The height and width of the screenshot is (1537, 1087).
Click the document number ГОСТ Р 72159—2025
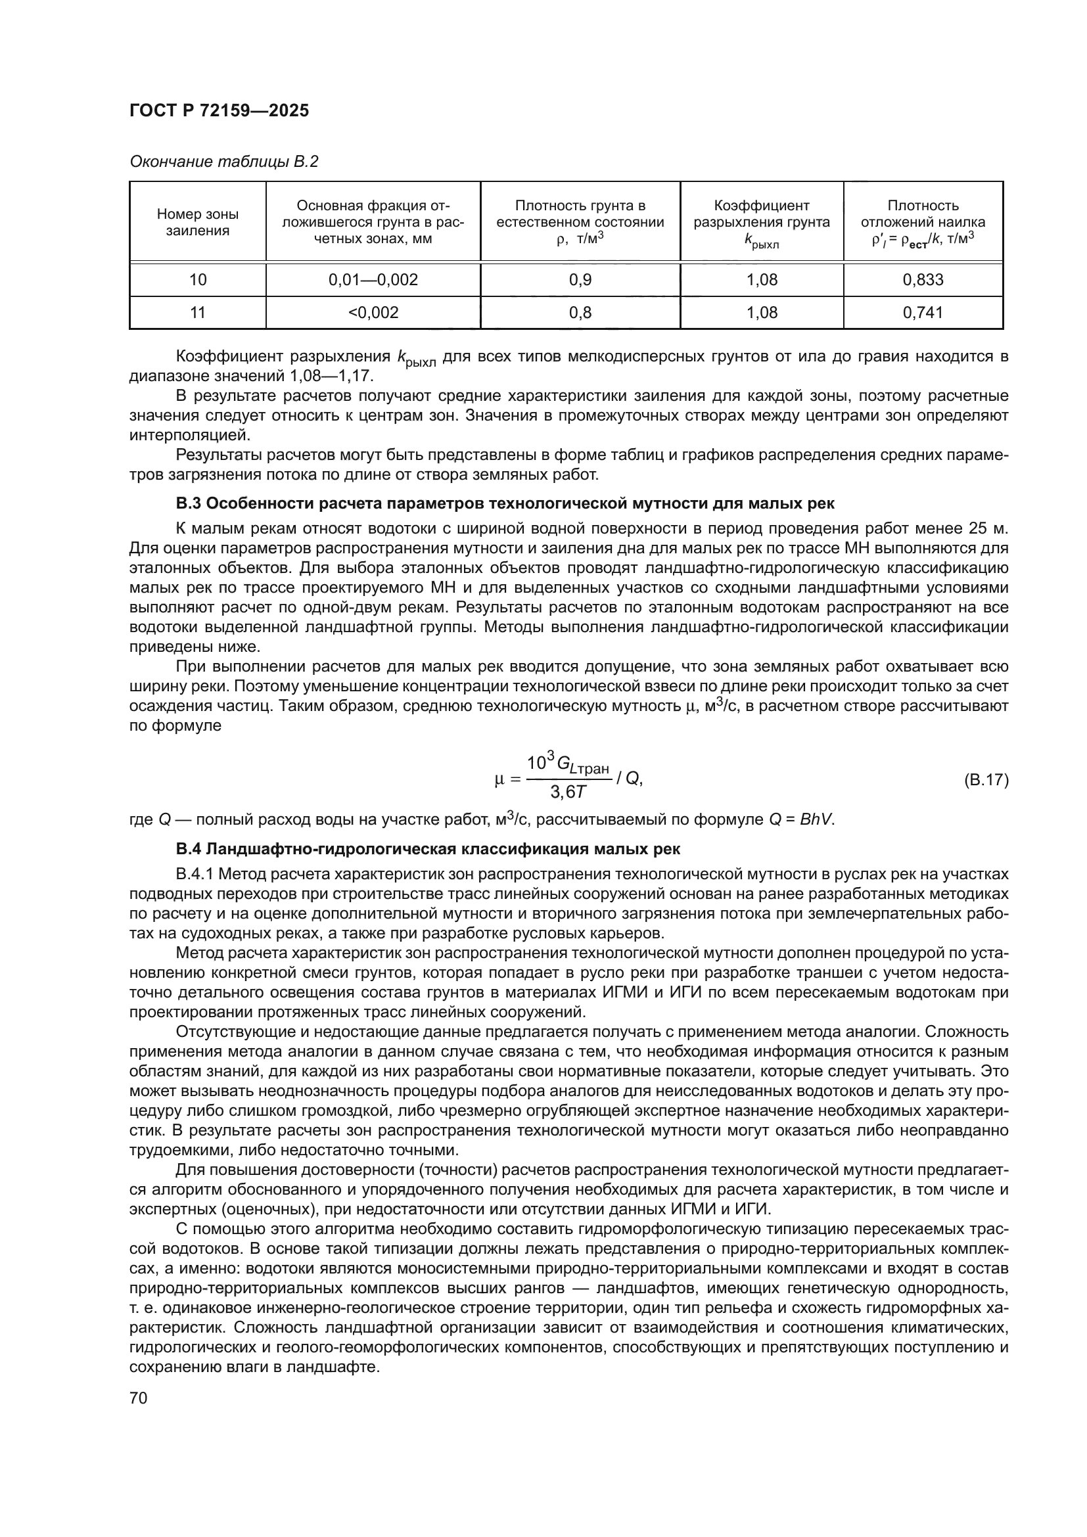(x=219, y=111)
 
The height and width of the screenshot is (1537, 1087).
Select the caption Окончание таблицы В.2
(x=223, y=162)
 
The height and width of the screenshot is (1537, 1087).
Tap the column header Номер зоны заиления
(x=197, y=222)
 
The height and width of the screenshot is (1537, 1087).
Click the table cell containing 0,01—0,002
(x=373, y=280)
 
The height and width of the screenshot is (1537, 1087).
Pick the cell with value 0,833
(x=922, y=280)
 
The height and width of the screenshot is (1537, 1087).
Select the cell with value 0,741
(x=922, y=313)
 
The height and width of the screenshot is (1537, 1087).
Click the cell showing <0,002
(x=373, y=313)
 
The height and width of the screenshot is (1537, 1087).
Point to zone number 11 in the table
(x=197, y=313)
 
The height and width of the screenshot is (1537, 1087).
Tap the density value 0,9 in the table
(x=580, y=280)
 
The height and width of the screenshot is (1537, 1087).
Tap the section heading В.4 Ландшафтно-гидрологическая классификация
(x=428, y=850)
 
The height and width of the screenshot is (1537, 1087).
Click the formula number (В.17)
(x=985, y=780)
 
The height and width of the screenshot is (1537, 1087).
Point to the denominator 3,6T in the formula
(x=568, y=792)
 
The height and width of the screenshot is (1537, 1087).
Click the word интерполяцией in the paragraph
(x=189, y=435)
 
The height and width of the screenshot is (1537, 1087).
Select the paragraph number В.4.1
(x=194, y=874)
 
